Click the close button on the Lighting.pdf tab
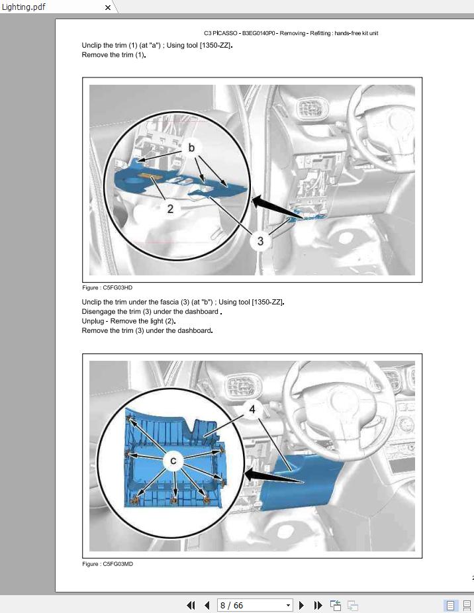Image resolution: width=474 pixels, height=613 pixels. coord(108,7)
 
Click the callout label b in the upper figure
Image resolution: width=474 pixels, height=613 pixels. coord(191,148)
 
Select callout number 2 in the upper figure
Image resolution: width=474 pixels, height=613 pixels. coord(170,209)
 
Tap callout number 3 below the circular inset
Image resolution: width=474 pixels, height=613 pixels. coord(260,241)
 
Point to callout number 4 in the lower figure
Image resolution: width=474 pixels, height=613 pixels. coord(252,409)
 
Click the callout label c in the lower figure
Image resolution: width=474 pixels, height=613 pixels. coord(173,461)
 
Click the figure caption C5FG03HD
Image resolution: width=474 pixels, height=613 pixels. coord(107,288)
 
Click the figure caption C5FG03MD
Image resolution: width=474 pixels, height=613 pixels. coord(107,564)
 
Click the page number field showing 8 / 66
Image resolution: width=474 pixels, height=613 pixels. coord(255,605)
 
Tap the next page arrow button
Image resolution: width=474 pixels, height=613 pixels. coord(301,605)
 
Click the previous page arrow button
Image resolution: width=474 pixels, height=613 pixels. coord(207,605)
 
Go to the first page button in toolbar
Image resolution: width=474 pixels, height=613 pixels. coord(191,605)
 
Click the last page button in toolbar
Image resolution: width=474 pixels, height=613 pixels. coord(318,605)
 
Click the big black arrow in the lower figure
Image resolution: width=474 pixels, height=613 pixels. coord(274,476)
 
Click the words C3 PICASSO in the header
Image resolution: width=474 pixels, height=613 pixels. coord(220,33)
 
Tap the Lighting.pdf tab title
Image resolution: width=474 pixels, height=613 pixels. coord(24,7)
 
